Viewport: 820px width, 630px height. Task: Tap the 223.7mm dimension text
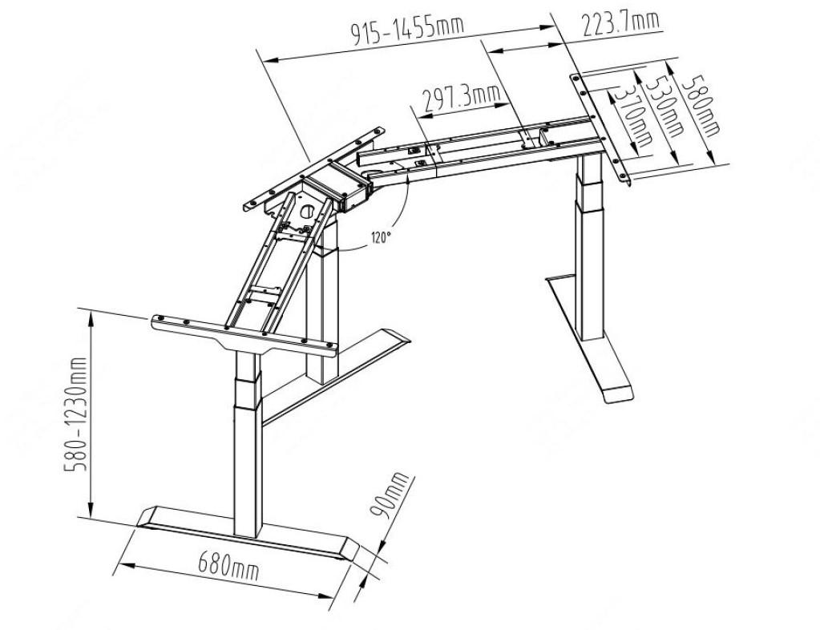pyautogui.click(x=620, y=22)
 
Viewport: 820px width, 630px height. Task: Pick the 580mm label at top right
pyautogui.click(x=701, y=104)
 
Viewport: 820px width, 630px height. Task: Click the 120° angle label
pyautogui.click(x=382, y=237)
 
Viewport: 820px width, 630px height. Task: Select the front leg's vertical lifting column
pyautogui.click(x=246, y=444)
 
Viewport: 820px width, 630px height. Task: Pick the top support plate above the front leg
pyautogui.click(x=243, y=334)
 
